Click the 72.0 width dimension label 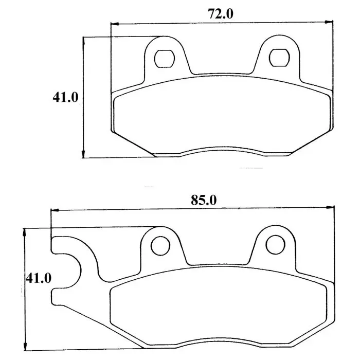coord(221,14)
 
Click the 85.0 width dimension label coord(204,200)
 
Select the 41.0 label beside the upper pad coord(65,97)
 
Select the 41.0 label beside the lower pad coord(39,278)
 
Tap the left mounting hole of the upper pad coord(165,59)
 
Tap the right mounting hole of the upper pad coord(279,58)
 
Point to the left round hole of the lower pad coord(160,245)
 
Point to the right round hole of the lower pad coord(276,244)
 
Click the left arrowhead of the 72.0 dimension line coord(115,24)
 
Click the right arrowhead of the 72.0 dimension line coord(329,22)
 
